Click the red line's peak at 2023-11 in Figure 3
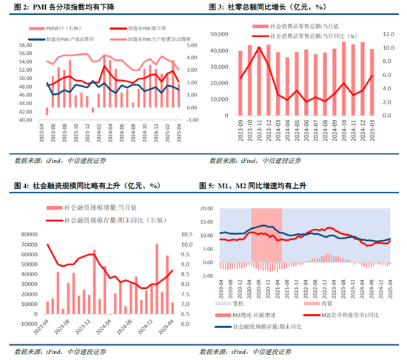[x=258, y=47]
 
